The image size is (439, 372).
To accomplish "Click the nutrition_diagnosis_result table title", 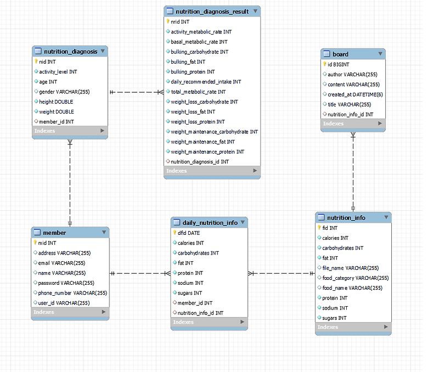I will (212, 12).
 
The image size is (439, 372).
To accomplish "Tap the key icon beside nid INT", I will (36, 62).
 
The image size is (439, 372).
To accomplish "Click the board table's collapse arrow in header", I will (380, 54).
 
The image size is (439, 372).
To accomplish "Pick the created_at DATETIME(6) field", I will (356, 94).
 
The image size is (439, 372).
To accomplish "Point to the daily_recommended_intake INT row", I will (206, 82).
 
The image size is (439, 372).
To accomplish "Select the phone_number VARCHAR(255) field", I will (72, 293).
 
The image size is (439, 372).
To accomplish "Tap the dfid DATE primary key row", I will (188, 233).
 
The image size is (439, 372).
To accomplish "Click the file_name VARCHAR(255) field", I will (350, 268).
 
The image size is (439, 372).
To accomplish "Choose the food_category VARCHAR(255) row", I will (356, 278).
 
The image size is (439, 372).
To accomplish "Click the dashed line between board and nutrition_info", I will (353, 170).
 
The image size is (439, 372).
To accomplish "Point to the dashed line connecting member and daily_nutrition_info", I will (140, 273).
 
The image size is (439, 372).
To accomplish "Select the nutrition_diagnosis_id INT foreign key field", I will (200, 162).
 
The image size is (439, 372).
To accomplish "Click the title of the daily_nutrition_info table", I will (206, 223).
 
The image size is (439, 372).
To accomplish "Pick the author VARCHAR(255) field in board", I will (352, 75).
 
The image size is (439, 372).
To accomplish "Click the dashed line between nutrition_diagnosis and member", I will (70, 181).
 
